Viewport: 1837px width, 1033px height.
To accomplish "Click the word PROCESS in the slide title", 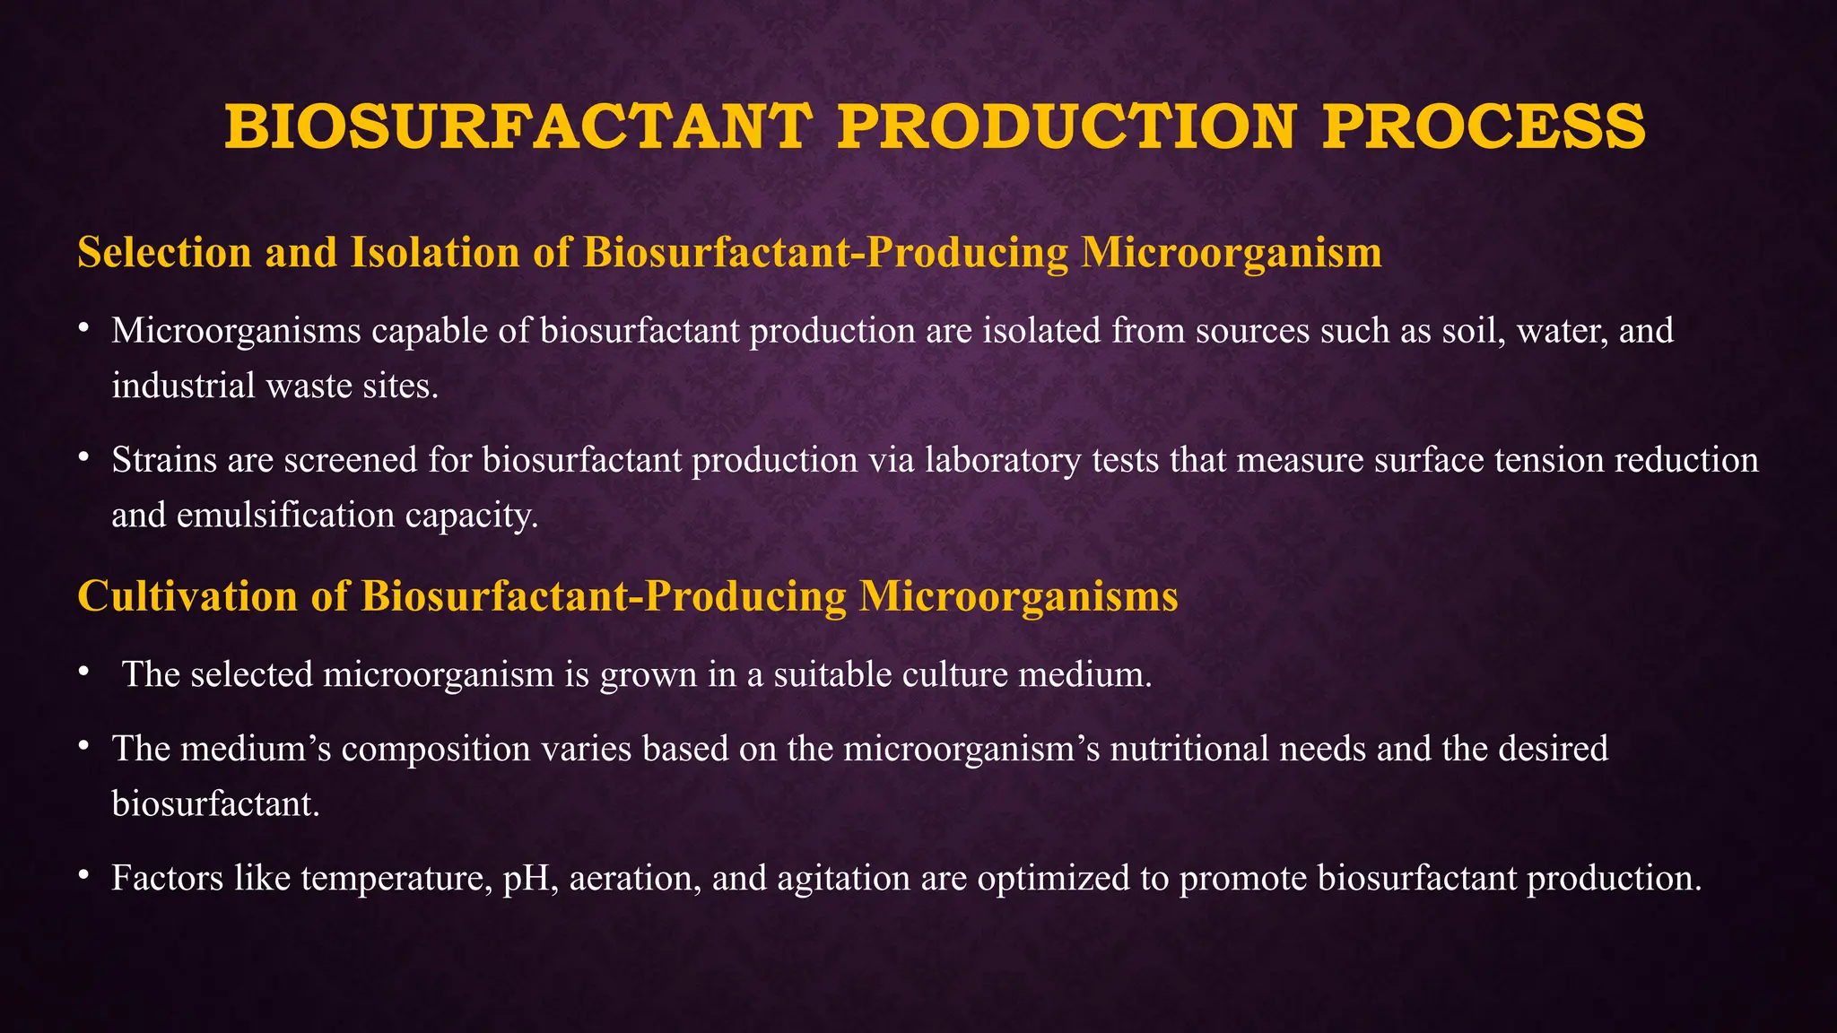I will pyautogui.click(x=1484, y=126).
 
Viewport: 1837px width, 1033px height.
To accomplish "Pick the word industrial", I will pyautogui.click(x=183, y=386).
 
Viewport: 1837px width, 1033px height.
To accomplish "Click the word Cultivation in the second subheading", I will pyautogui.click(x=187, y=596).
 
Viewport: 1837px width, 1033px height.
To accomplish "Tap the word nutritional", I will pyautogui.click(x=1189, y=749).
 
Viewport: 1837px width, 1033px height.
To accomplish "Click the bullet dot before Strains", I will pyautogui.click(x=83, y=457).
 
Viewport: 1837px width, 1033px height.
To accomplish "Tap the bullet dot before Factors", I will pyautogui.click(x=83, y=875).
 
